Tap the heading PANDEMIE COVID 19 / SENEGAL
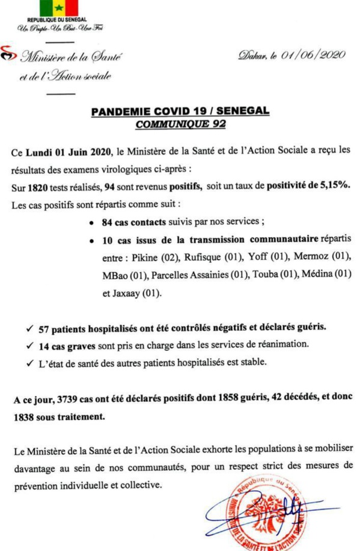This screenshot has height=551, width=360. click(x=180, y=112)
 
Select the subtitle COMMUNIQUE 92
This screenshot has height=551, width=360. click(x=180, y=124)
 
